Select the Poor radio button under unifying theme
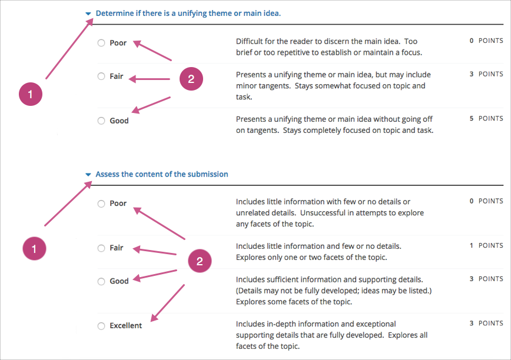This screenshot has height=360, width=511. (101, 43)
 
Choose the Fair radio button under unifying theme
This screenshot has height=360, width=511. (101, 76)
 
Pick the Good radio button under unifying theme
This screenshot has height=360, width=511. (101, 121)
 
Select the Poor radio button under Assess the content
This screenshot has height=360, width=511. (101, 204)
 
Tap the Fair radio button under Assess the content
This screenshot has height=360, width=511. (101, 248)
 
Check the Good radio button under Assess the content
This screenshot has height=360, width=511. (101, 281)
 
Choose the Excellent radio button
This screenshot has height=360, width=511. (101, 326)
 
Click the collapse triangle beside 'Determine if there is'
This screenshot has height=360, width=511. (88, 13)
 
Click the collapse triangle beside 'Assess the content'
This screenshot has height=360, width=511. (88, 175)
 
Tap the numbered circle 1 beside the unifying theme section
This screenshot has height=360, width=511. (31, 94)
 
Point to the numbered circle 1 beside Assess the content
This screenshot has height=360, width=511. (34, 249)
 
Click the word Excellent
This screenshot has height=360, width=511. (126, 326)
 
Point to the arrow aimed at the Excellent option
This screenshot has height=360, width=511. (167, 303)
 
